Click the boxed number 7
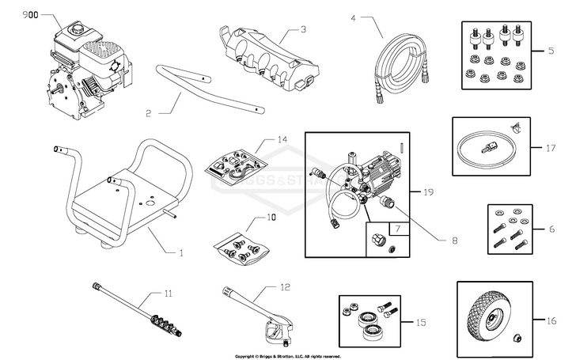coord(398,229)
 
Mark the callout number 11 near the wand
coord(167,293)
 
